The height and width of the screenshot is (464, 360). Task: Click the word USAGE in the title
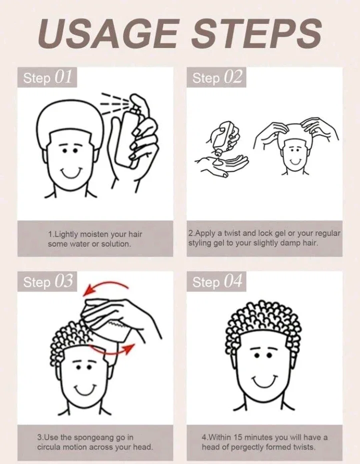click(x=107, y=32)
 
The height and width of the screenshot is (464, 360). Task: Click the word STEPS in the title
click(x=256, y=32)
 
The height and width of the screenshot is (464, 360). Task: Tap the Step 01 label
click(x=47, y=77)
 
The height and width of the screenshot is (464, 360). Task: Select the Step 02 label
click(x=216, y=77)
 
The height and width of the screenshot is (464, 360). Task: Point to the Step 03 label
click(x=47, y=281)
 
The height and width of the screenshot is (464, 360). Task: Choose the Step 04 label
click(x=216, y=281)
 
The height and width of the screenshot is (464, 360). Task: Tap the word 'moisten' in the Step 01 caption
click(x=94, y=235)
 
